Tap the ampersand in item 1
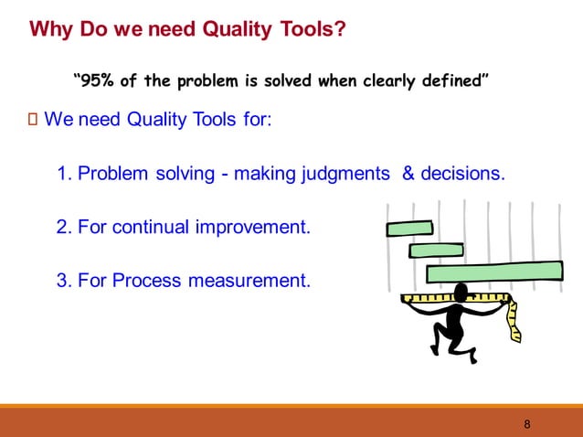[408, 173]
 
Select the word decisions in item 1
[461, 173]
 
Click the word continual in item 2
[154, 226]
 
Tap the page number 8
[527, 424]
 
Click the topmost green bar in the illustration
[409, 229]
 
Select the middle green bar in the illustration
[436, 249]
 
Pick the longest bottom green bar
[493, 271]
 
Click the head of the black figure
[461, 292]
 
